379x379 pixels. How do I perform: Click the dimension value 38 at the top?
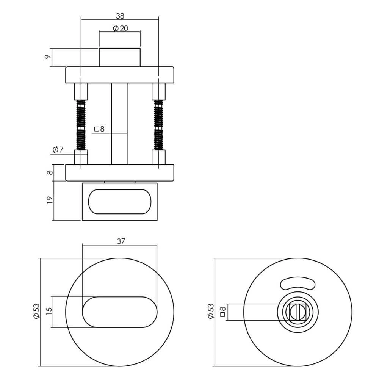click(120, 16)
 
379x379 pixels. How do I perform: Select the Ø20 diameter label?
click(120, 28)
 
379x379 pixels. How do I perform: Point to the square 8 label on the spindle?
click(99, 129)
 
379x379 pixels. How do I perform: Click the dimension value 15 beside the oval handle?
click(48, 312)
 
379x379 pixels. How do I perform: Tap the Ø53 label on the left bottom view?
click(37, 312)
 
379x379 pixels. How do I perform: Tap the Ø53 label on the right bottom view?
click(211, 312)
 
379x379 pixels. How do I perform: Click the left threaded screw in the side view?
click(81, 125)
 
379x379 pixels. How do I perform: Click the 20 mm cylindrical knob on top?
click(120, 57)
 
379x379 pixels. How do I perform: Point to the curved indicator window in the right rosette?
click(298, 283)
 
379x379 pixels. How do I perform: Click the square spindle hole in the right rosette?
click(298, 312)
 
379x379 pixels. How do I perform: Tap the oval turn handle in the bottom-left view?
click(120, 312)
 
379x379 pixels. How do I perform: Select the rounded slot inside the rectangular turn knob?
click(120, 201)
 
